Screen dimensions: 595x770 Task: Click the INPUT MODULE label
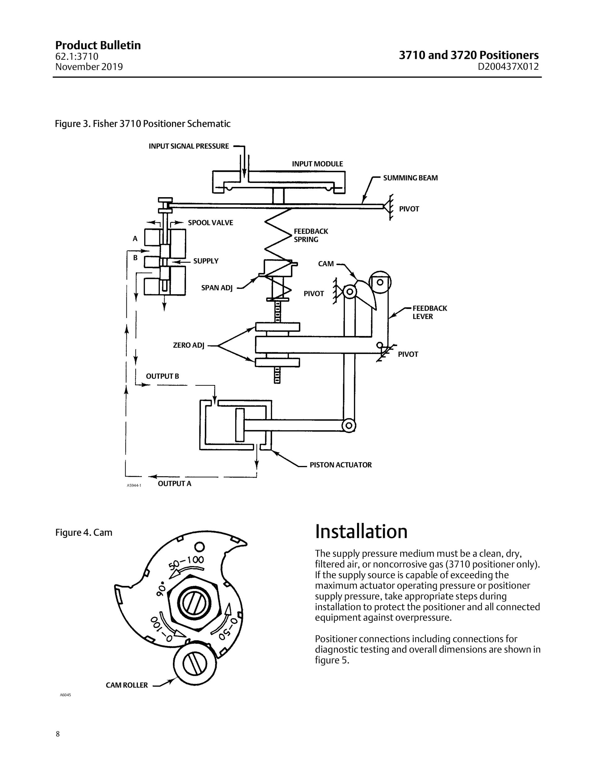317,164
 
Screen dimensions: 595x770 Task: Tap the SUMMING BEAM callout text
410,178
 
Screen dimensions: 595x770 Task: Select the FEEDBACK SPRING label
311,236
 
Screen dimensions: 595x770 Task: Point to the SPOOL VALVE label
210,223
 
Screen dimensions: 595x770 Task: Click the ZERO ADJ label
189,345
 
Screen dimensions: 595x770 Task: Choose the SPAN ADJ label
217,288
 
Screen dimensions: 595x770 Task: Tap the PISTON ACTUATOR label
341,465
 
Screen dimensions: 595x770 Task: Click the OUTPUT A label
174,484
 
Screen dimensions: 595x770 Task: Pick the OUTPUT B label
162,376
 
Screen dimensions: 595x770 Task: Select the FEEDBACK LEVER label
430,312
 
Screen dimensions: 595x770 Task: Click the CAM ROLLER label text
127,685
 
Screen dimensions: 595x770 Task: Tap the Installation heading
361,531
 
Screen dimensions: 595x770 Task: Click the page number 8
58,734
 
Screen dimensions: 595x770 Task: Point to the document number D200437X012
508,67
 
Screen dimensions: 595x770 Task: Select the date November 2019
89,67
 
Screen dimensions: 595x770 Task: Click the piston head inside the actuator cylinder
240,425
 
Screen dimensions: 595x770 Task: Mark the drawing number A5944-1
134,485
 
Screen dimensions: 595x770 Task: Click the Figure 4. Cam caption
84,532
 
